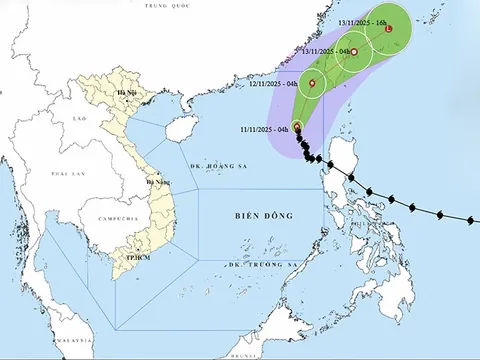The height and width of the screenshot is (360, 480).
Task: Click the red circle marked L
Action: click(x=388, y=30)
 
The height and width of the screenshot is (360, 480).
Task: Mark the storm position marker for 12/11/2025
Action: click(x=312, y=84)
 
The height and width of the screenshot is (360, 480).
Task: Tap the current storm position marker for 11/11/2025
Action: click(x=297, y=127)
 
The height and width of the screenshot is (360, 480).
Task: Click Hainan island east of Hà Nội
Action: click(x=181, y=128)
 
